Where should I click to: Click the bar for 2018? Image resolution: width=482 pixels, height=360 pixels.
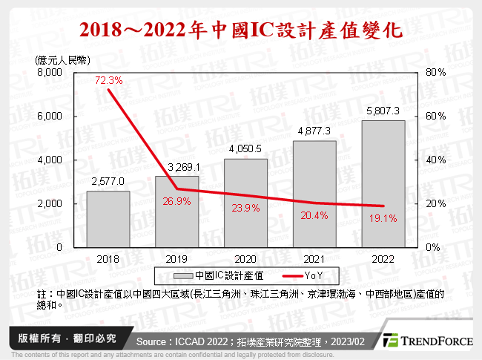[108, 219]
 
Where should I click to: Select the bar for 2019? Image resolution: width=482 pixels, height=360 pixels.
[176, 212]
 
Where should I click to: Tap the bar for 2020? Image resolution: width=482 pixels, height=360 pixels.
[245, 203]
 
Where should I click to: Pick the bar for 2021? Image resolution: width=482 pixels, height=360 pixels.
[314, 194]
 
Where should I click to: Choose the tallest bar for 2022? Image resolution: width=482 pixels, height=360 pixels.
[383, 183]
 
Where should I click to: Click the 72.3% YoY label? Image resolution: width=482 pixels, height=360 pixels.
[108, 79]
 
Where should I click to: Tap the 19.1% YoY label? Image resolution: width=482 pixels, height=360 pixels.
[384, 218]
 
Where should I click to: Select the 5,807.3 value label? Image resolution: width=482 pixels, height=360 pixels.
[383, 111]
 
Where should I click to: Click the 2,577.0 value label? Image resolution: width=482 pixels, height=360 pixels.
[108, 181]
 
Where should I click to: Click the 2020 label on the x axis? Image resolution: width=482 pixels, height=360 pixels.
[245, 258]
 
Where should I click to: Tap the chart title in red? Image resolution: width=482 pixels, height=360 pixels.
[241, 30]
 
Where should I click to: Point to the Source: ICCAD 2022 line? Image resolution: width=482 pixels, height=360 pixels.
[252, 341]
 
